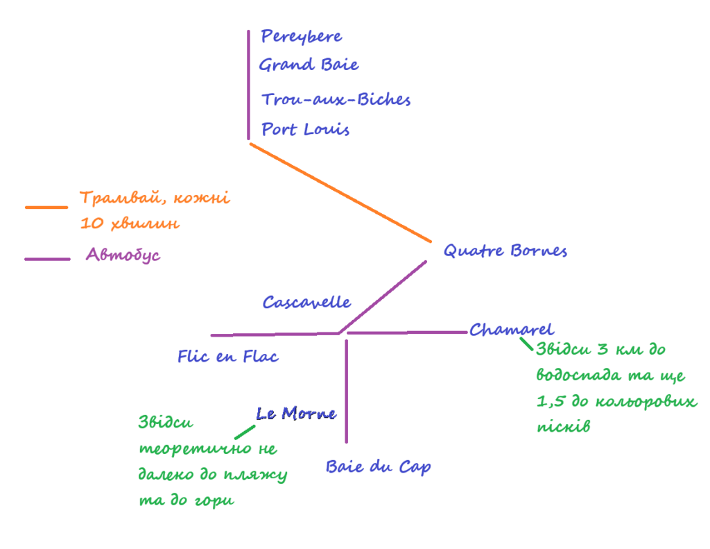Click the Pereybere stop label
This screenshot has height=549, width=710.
(x=302, y=37)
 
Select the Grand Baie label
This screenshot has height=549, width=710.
(x=309, y=65)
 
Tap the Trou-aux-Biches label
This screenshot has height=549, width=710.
(x=336, y=100)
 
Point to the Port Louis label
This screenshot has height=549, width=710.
(x=306, y=130)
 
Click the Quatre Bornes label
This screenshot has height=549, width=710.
(x=505, y=251)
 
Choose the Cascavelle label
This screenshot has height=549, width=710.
(x=306, y=303)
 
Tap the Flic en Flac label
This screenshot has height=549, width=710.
(x=228, y=357)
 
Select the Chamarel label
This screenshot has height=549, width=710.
(x=512, y=330)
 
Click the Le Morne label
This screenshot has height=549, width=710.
(x=297, y=414)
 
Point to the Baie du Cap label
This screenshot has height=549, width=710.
(x=379, y=467)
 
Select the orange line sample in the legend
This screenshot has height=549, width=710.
(x=46, y=207)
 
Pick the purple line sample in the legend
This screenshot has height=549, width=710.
(x=47, y=260)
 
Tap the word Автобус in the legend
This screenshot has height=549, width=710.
(x=123, y=255)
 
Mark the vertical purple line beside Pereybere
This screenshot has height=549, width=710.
(x=248, y=83)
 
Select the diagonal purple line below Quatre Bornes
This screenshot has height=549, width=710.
(x=383, y=296)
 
